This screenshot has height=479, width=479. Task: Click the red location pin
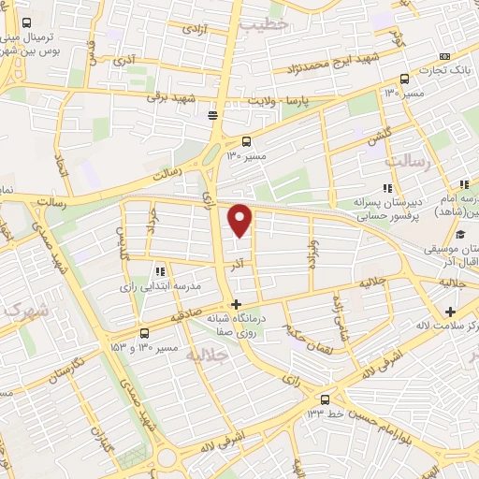pyautogui.click(x=241, y=220)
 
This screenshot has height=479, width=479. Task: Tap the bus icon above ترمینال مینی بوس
pyautogui.click(x=25, y=22)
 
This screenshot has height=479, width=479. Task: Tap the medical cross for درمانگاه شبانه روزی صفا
pyautogui.click(x=236, y=303)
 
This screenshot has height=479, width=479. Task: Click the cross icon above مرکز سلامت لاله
pyautogui.click(x=451, y=311)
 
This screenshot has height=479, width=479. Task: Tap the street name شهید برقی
pyautogui.click(x=173, y=97)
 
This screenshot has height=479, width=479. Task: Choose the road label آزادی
pyautogui.click(x=193, y=28)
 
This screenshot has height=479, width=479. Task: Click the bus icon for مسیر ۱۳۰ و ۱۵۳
pyautogui.click(x=144, y=333)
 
